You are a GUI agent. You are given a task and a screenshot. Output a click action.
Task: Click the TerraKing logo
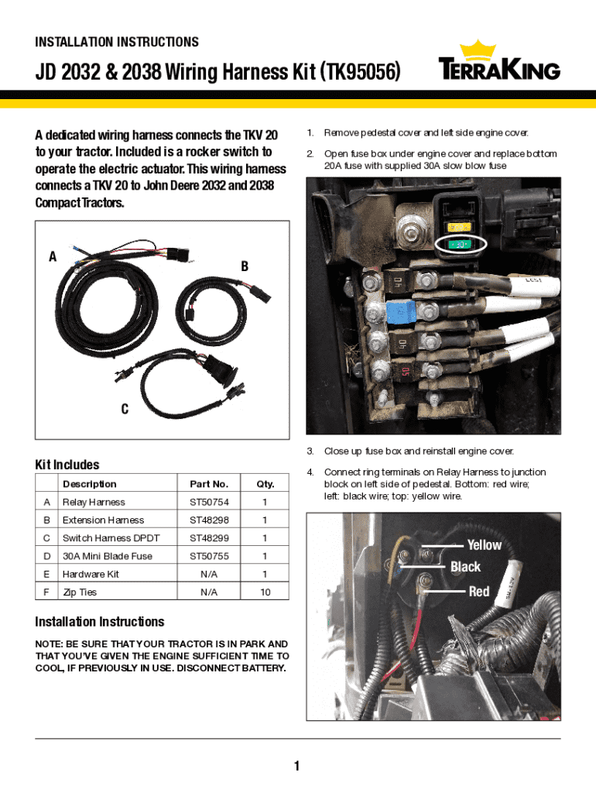point(499,62)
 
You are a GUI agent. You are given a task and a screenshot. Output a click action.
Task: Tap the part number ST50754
point(209,502)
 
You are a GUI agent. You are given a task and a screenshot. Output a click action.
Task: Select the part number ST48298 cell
point(209,520)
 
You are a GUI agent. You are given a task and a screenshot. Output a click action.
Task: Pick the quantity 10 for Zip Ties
point(265,592)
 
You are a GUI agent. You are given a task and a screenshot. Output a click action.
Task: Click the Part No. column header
point(209,484)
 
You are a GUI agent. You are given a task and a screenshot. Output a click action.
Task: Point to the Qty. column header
point(265,484)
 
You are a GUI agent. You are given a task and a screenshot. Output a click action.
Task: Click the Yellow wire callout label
point(484,545)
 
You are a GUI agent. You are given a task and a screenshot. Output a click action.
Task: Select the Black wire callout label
point(465,568)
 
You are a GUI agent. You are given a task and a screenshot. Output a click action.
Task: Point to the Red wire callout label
point(479,592)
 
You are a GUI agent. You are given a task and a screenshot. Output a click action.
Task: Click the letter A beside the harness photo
point(53,258)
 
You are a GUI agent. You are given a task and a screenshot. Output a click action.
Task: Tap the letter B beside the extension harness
point(245,266)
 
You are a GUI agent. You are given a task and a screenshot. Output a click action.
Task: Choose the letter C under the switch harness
point(124,409)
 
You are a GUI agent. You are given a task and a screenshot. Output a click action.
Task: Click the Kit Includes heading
point(67,465)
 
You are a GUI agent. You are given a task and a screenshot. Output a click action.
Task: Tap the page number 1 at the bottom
point(296,767)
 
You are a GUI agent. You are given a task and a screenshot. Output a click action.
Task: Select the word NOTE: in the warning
point(51,644)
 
